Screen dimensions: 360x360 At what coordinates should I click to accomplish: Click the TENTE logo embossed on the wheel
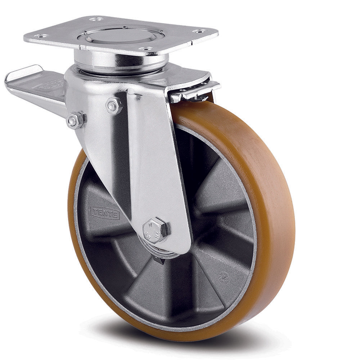105,212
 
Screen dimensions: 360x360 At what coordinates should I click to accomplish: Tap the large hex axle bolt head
156,230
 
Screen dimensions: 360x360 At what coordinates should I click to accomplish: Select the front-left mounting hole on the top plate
41,36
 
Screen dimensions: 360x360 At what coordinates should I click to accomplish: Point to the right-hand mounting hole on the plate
199,31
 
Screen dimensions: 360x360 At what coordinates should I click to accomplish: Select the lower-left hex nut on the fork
75,120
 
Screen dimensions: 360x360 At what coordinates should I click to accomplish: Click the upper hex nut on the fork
114,105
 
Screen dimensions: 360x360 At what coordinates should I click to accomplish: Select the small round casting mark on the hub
224,276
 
